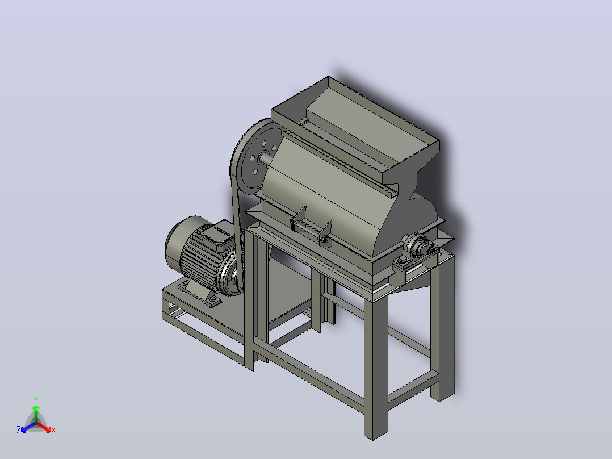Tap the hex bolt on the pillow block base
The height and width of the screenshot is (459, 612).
[x=402, y=261]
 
